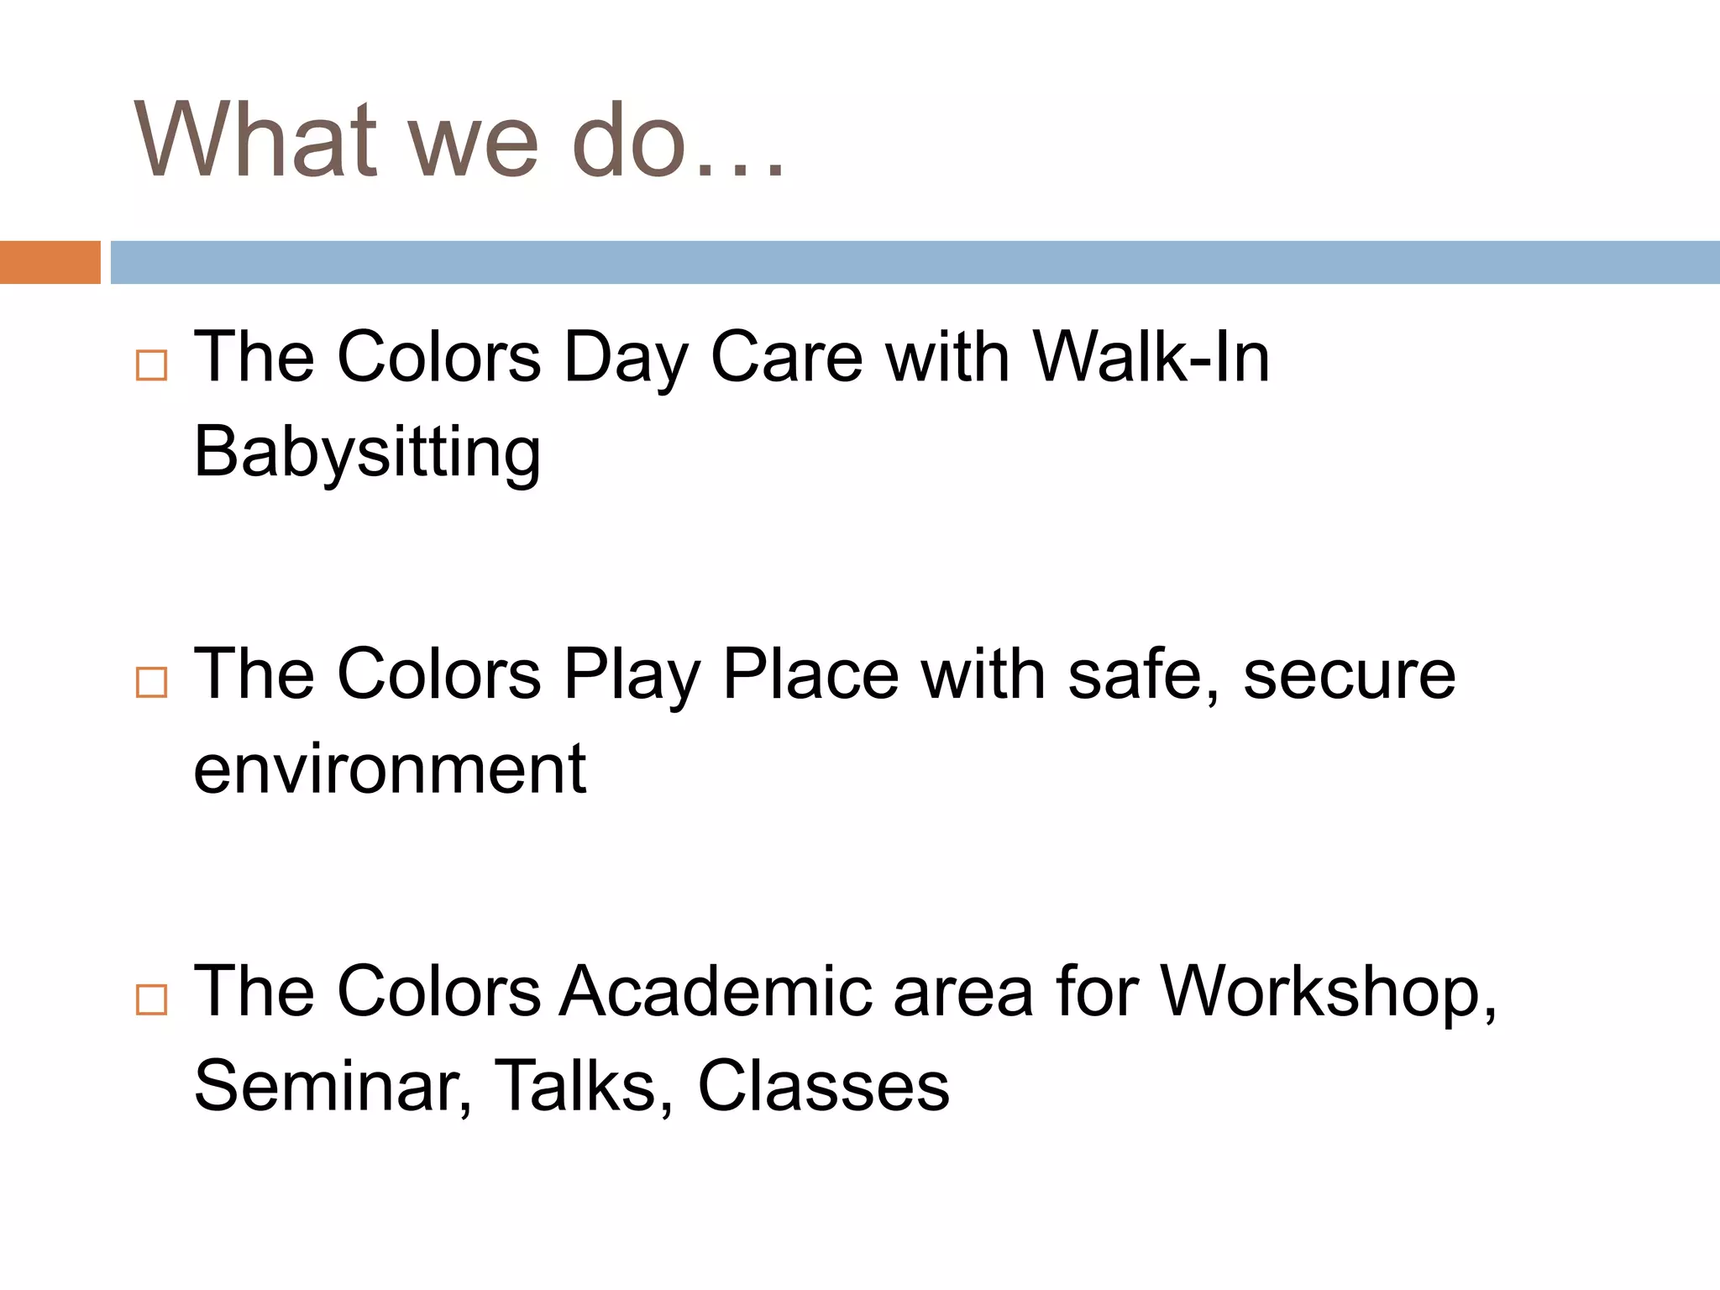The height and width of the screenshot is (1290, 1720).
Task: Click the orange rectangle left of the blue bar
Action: click(x=50, y=262)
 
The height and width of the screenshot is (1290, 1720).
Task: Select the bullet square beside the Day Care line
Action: click(x=151, y=365)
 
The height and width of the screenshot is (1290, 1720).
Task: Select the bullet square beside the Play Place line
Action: click(x=151, y=682)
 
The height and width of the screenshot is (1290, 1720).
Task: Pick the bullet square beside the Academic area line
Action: click(x=151, y=999)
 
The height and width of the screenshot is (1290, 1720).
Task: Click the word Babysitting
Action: click(x=367, y=454)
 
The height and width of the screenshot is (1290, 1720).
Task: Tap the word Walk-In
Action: click(x=1151, y=358)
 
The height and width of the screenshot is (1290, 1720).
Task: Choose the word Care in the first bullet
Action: click(x=786, y=358)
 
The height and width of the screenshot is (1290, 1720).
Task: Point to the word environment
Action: click(x=389, y=769)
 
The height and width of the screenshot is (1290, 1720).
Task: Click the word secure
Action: click(x=1349, y=677)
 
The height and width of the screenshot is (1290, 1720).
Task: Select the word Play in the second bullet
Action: click(x=631, y=677)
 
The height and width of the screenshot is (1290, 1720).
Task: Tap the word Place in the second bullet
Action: click(x=810, y=675)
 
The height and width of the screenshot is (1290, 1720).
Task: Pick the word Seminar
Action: click(x=332, y=1087)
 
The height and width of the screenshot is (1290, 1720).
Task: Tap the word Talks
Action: click(x=583, y=1087)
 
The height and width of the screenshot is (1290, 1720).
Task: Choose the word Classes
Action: click(x=823, y=1087)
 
